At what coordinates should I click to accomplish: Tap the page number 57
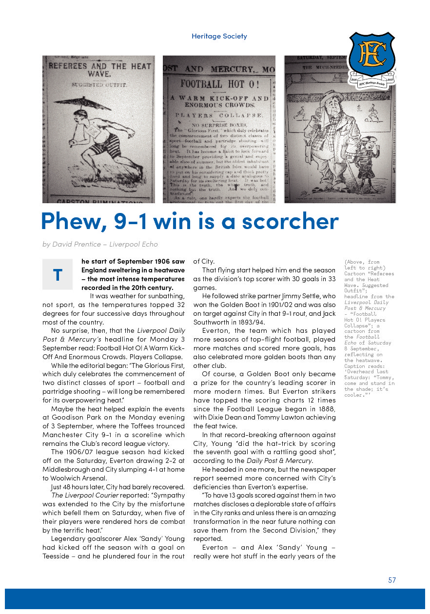pos(392,580)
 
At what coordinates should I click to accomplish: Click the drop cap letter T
pos(58,275)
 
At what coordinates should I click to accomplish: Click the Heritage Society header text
pos(219,36)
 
